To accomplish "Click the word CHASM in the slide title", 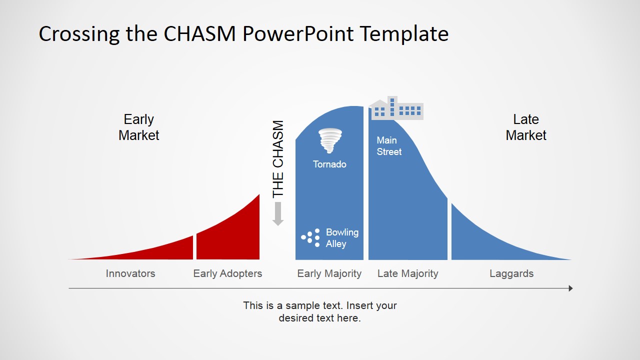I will pos(200,34).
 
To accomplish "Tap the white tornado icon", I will pos(330,140).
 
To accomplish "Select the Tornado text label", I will pos(329,164).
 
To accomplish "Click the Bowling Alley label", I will pos(342,238).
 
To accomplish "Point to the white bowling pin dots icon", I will pos(310,238).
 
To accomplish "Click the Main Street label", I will pos(389,146).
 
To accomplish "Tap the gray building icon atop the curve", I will pos(396,108).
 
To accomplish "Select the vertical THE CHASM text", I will pos(278,158).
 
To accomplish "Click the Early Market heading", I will pos(138,127).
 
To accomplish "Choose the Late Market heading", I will pos(526,127).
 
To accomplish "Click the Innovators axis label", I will pos(130,273).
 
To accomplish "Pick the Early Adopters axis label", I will pos(227,273).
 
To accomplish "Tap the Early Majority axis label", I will pos(329,273).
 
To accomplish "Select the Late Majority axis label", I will pos(407,273).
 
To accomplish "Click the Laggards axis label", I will pos(511,273).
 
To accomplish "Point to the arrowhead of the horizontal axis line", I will pos(570,288).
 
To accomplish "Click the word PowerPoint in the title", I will pos(298,34).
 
